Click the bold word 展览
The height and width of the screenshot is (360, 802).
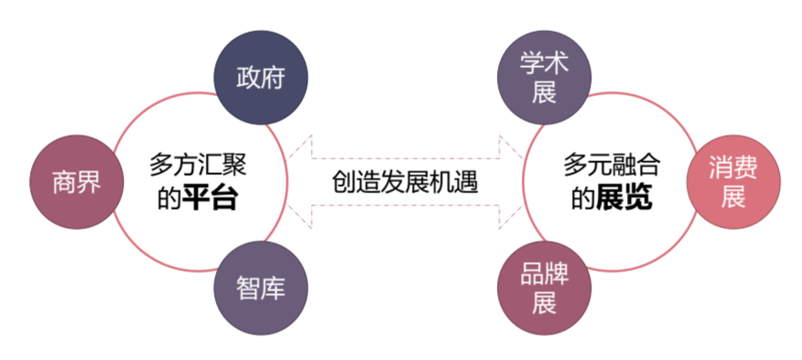[624, 199]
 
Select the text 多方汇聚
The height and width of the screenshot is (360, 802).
[197, 166]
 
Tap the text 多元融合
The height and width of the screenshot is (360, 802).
[612, 166]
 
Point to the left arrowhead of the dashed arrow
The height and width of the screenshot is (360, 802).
[302, 181]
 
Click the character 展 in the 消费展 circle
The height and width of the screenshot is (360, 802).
[733, 198]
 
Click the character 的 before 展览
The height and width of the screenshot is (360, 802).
[584, 199]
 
